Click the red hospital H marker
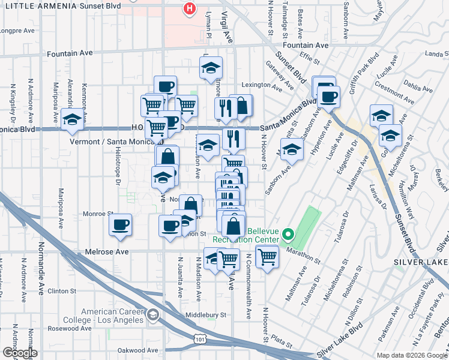click(190, 9)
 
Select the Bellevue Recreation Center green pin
click(288, 234)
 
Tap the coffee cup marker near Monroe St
click(121, 225)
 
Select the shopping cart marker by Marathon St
click(267, 257)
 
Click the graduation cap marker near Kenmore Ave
click(73, 119)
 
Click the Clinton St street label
click(62, 290)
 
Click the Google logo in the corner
click(19, 352)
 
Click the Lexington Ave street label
click(262, 86)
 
